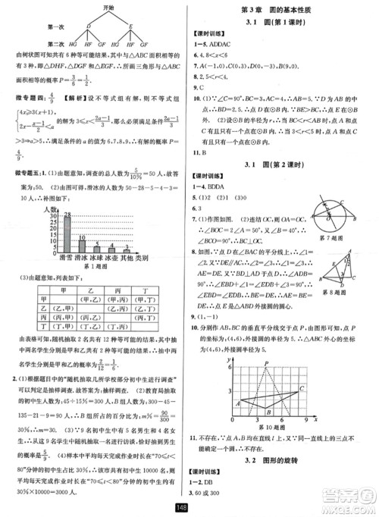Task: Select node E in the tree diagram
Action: tap(133, 26)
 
